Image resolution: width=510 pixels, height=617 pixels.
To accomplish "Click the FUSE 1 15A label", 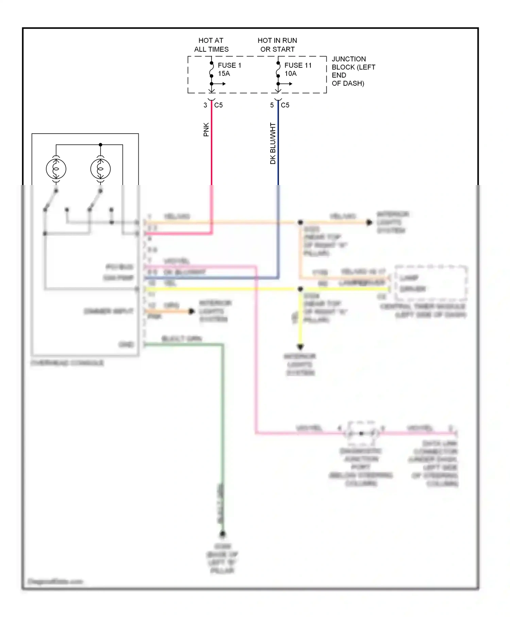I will coord(229,69).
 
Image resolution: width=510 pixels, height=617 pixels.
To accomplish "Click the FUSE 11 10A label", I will coord(297,69).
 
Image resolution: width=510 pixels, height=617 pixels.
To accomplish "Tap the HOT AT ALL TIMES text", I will coord(211,45).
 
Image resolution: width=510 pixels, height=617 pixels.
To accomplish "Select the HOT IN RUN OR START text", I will coord(277,45).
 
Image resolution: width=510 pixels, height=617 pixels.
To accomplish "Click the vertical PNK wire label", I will coord(206,130).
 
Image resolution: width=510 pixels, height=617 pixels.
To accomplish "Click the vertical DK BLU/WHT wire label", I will coord(273,143).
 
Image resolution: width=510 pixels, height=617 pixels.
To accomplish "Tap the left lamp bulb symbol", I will coord(56,169).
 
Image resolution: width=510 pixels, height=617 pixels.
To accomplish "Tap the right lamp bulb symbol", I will coord(100,169).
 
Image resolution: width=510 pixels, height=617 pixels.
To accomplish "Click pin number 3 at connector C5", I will coord(205,105).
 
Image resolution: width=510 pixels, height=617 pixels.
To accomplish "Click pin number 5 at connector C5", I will coord(272,105).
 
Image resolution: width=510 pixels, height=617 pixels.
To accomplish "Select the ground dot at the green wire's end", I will coord(222,534).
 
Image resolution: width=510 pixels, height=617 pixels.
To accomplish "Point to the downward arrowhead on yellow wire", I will coord(300,347).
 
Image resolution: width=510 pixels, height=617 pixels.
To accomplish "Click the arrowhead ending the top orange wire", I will coord(369,222).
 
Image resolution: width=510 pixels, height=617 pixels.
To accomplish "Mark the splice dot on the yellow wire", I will coord(300,289).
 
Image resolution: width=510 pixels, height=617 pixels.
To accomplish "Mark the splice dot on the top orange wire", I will coord(300,222).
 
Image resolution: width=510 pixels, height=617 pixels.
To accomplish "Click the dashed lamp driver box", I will coord(431,283).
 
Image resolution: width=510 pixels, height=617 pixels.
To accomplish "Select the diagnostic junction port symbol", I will coord(361,433).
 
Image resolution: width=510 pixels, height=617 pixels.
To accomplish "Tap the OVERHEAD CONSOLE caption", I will coord(67,363).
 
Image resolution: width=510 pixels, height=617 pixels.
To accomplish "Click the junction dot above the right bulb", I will coord(100,145).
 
